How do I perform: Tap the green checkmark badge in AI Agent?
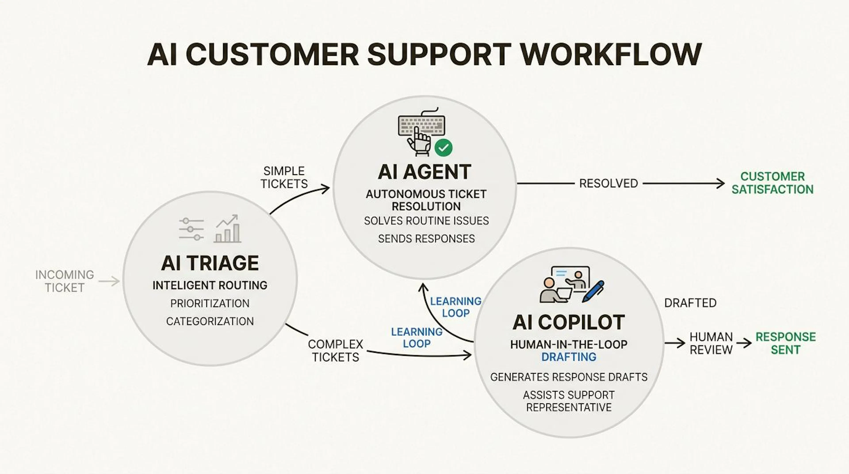tap(443, 147)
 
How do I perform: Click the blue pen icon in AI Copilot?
tap(593, 291)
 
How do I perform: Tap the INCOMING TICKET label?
tap(65, 281)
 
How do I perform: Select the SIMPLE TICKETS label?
tap(284, 177)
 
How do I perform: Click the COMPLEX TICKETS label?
tap(336, 351)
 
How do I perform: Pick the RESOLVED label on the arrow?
tap(608, 183)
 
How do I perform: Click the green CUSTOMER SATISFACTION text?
tap(773, 183)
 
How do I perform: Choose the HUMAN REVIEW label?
tap(711, 343)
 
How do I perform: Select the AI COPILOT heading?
tap(568, 322)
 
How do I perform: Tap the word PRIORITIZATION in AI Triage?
tap(210, 303)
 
